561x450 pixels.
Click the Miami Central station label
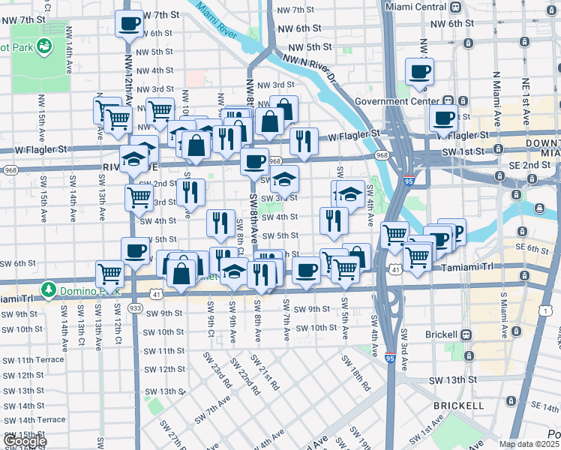pyautogui.click(x=414, y=6)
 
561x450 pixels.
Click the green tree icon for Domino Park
pyautogui.click(x=49, y=288)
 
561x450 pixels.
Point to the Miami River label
pyautogui.click(x=218, y=23)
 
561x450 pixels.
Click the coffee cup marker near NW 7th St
pyautogui.click(x=129, y=22)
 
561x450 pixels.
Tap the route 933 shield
pyautogui.click(x=136, y=308)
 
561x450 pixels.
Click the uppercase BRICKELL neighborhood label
pyautogui.click(x=457, y=406)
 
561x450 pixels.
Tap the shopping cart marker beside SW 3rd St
pyautogui.click(x=139, y=198)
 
